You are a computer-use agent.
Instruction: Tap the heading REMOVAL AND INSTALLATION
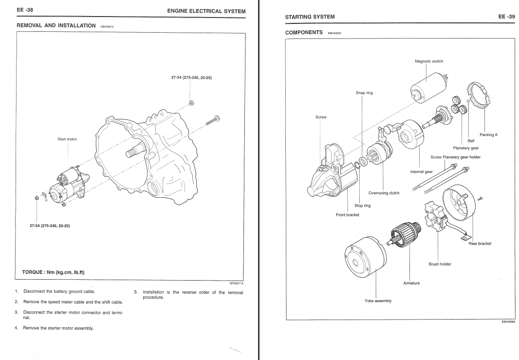pos(56,25)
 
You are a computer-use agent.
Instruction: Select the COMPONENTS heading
pos(304,33)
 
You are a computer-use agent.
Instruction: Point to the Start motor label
pos(67,139)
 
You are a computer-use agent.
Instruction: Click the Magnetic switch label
pos(429,61)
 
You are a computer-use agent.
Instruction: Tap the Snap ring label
pos(364,93)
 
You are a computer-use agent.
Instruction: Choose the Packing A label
pos(488,135)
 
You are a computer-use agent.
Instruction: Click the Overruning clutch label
pos(384,193)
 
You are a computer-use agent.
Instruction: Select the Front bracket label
pos(348,215)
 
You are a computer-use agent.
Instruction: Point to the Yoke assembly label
pos(378,301)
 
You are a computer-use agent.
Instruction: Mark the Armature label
pos(411,283)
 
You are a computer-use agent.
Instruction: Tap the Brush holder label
pos(440,264)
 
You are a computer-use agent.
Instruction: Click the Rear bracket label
pos(480,244)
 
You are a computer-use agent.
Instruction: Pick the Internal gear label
pos(422,171)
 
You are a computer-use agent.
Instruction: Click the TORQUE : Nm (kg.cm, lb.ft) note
pos(50,272)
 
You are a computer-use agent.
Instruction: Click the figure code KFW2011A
pos(236,283)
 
